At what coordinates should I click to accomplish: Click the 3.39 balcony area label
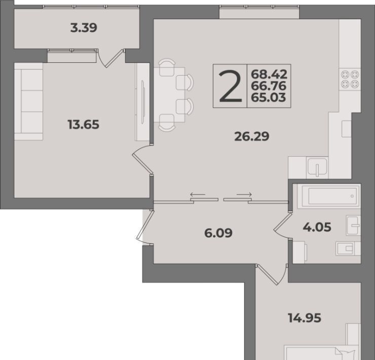pos(84,28)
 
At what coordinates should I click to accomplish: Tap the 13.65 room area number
pos(83,124)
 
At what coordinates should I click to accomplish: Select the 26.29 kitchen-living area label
pos(252,136)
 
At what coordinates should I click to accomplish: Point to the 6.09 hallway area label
pos(218,233)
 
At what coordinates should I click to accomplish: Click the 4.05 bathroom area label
pos(317,227)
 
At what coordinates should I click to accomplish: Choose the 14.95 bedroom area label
pos(305,318)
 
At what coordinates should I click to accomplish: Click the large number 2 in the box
pos(230,86)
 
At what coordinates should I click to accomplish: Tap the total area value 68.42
pos(269,75)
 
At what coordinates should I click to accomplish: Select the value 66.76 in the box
pos(269,86)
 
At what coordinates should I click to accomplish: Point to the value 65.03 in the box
pos(269,97)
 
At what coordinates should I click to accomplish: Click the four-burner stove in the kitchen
pos(350,80)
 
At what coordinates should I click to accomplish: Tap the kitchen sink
pos(318,167)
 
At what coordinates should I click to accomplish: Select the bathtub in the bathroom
pos(329,196)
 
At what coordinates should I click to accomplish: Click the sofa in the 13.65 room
pos(29,101)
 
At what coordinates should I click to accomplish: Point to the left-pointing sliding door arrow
pos(198,194)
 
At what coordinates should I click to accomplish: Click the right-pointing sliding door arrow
pos(244,194)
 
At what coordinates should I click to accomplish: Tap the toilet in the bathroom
pos(348,248)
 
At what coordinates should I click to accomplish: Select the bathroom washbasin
pos(353,225)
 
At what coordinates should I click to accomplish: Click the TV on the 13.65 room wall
pos(143,102)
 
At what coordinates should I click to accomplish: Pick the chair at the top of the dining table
pos(167,68)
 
